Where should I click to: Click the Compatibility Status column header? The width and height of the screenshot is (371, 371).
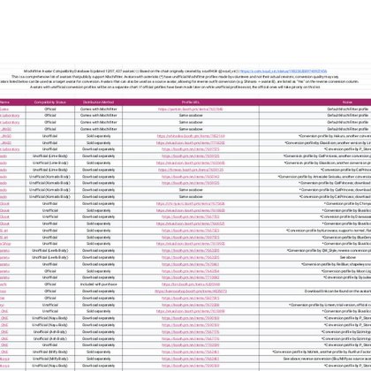pyautogui.click(x=49, y=102)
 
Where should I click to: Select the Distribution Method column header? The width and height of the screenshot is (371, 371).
pyautogui.click(x=98, y=102)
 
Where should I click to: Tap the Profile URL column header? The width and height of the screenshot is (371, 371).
pyautogui.click(x=190, y=102)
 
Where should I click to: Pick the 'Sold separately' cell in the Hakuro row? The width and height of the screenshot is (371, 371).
pyautogui.click(x=98, y=136)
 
